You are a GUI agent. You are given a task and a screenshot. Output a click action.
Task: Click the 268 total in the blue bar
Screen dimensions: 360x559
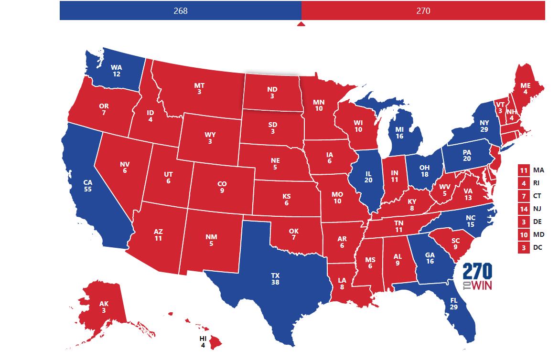point(181,11)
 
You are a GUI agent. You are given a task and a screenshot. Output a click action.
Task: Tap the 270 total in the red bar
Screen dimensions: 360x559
point(423,11)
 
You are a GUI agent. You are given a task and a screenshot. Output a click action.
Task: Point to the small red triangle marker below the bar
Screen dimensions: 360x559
point(301,24)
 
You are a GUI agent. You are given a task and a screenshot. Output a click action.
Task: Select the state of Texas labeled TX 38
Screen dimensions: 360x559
point(275,279)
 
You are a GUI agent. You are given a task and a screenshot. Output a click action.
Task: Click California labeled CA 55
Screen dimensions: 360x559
point(87,185)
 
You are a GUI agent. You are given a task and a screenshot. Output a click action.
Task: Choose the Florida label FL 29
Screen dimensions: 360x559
point(453,304)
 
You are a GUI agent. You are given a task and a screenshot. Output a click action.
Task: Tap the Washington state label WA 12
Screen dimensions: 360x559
point(117,71)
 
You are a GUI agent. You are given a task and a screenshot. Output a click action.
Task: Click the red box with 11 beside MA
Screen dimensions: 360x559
point(524,170)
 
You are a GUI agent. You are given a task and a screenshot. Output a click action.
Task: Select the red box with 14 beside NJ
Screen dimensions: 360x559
point(524,209)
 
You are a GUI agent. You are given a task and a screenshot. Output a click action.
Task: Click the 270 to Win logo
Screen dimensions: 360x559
point(477,277)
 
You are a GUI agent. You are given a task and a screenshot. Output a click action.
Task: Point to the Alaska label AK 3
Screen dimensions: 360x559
point(104,307)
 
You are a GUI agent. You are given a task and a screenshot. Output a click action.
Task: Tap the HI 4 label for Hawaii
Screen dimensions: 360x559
point(203,342)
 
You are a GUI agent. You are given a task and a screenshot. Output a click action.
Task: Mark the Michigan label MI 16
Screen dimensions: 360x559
point(399,132)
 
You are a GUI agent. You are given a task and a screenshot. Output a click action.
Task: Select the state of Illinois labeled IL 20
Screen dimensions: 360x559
point(368,177)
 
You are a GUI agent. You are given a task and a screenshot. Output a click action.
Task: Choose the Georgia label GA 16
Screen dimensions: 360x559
point(430,258)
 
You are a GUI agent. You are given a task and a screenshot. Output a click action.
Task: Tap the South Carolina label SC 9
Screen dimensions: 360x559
point(455,244)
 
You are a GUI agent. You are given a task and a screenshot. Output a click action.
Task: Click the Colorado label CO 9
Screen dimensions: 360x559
point(222,187)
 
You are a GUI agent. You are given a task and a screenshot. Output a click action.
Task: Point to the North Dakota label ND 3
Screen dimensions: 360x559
point(272,93)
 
